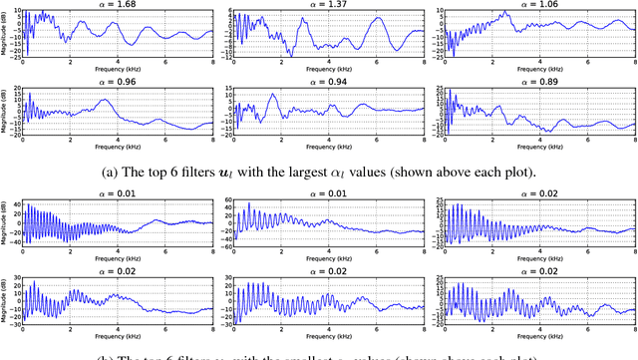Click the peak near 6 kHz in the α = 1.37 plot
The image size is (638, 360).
click(x=377, y=19)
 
